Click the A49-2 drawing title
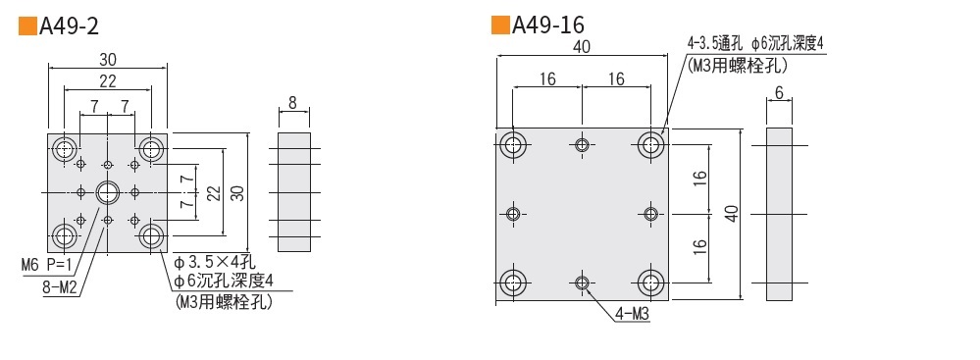[69, 26]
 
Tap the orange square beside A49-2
[27, 26]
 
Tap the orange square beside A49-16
[500, 25]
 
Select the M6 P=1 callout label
[46, 266]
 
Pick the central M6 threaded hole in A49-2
[108, 192]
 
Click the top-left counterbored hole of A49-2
[65, 149]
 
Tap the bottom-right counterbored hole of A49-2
[151, 235]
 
